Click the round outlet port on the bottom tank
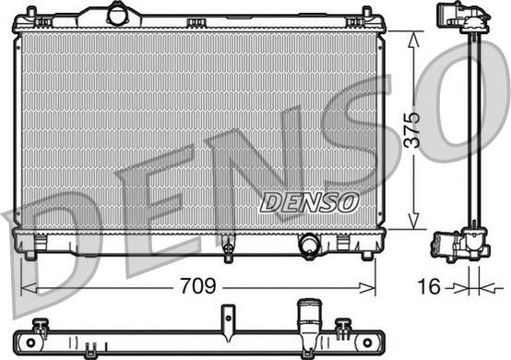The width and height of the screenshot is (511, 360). point(308,245)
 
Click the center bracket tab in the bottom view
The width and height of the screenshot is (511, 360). point(224,318)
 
